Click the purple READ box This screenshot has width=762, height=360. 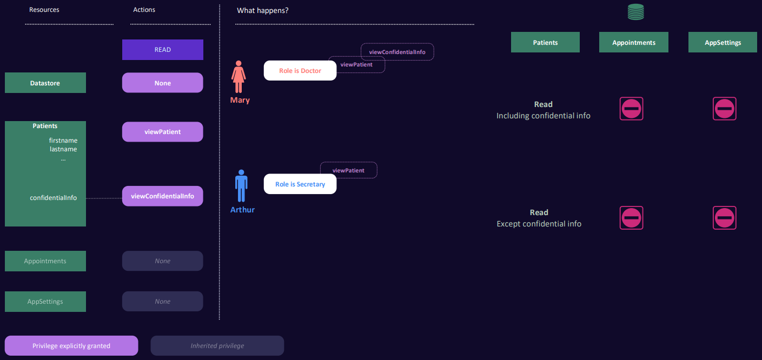point(163,50)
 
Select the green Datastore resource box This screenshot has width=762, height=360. point(45,83)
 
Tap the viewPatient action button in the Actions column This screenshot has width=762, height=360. point(163,132)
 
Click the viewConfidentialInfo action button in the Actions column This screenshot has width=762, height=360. point(163,196)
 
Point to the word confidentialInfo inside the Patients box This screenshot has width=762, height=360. point(54,198)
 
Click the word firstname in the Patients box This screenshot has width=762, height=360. point(63,141)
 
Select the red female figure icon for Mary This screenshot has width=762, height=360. point(238,77)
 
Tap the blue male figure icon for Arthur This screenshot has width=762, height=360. point(241,186)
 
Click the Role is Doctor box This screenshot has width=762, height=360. point(300,71)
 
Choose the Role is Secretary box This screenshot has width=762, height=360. point(300,184)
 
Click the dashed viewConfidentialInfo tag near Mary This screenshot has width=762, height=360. point(397,52)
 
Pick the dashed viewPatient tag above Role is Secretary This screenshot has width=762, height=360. point(349,170)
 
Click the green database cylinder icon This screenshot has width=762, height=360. point(636,12)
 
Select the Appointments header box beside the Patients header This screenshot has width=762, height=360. point(634,43)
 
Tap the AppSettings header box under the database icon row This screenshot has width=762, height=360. point(723,43)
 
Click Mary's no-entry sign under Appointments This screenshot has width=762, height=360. point(631,109)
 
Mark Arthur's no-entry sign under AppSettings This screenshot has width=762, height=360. point(725,218)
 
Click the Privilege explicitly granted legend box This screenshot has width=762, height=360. point(71,346)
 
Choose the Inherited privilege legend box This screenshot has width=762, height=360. point(217,346)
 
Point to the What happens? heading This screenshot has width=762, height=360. point(263,10)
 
